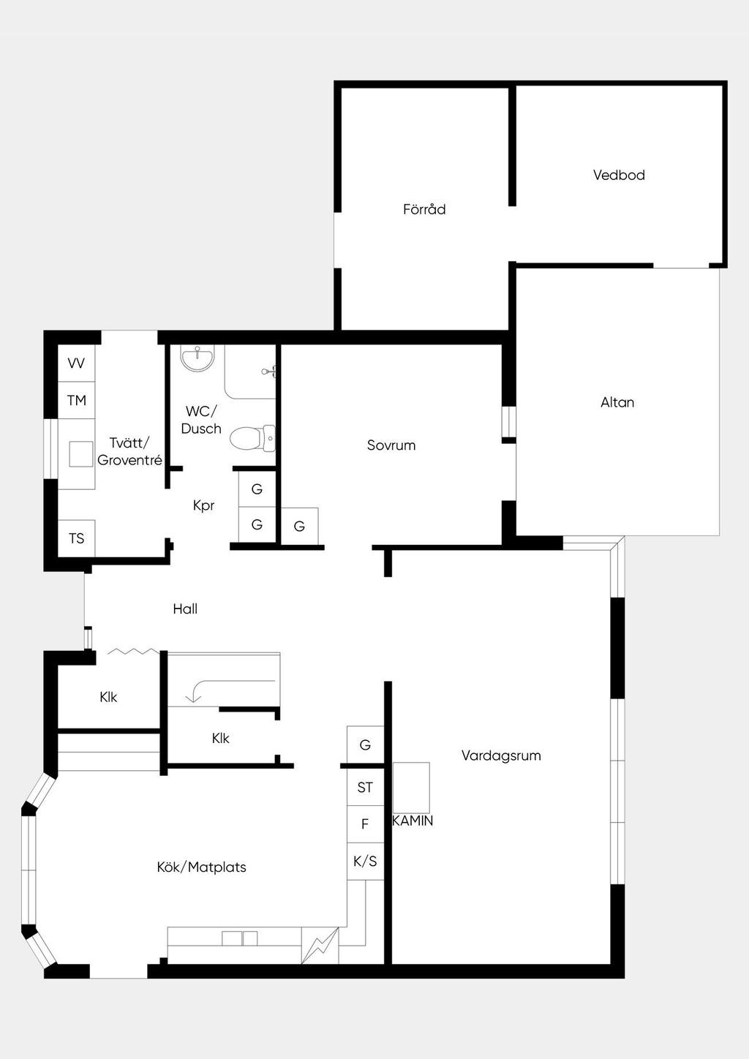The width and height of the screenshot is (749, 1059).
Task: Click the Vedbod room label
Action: coord(619,175)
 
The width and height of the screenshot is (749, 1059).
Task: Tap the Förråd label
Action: coord(424,209)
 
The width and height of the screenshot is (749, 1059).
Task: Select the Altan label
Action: coord(617,402)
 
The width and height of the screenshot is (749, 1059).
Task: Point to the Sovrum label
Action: coord(391,445)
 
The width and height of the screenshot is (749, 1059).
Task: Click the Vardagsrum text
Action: coord(501,755)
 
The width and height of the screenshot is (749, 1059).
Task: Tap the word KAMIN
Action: coord(413,821)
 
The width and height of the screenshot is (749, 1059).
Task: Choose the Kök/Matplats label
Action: coord(201,867)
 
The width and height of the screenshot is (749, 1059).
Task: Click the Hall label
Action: coord(185,609)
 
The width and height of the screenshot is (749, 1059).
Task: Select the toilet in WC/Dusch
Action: coord(252,438)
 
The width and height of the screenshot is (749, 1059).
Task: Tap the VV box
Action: coord(76,363)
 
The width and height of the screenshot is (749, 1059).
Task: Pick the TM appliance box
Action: coord(76,401)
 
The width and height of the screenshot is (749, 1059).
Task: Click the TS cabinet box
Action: coord(76,538)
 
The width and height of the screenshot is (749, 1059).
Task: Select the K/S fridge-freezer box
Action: coord(365,862)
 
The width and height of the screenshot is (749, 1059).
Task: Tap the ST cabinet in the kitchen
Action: coord(365,787)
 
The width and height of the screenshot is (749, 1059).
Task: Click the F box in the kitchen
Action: coord(365,824)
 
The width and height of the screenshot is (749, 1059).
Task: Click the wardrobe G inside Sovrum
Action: coord(299,526)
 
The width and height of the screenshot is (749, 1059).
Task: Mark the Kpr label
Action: coord(204,506)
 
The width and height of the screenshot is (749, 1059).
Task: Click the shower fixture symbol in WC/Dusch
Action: coord(268,372)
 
